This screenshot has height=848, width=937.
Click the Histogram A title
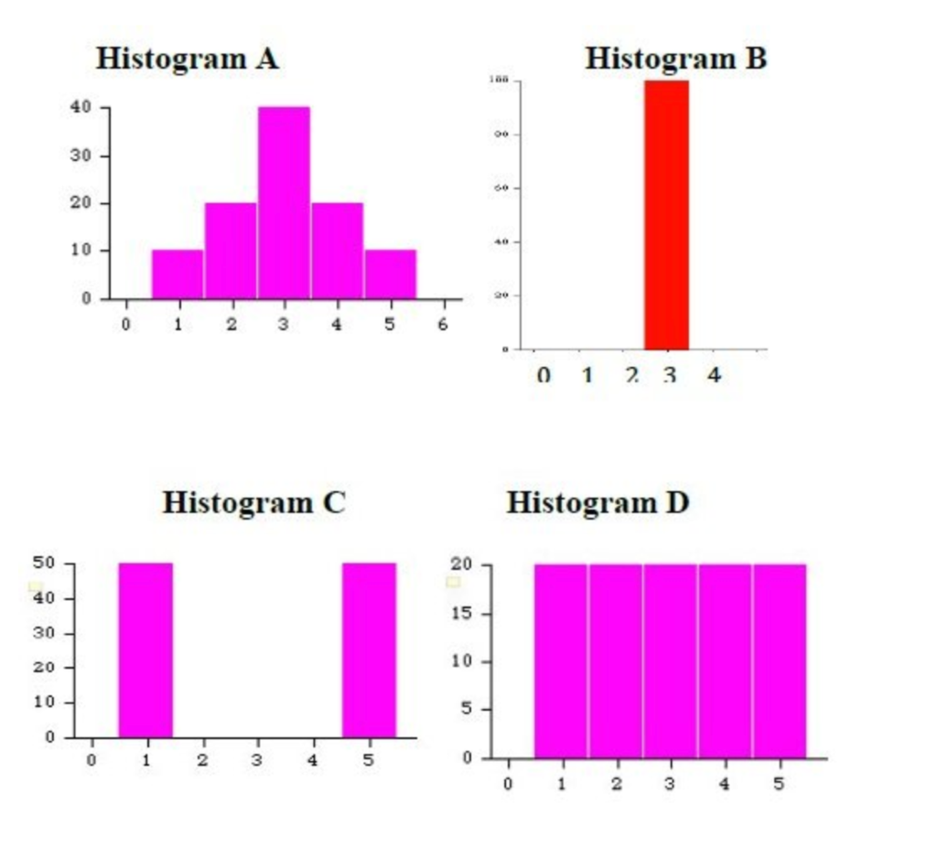187,59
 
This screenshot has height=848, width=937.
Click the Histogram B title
675,59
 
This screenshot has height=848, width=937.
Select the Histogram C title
253,502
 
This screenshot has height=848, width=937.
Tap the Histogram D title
598,502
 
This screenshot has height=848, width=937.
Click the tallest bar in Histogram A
284,202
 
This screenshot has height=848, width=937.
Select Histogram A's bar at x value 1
178,274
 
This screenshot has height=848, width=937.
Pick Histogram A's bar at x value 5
391,274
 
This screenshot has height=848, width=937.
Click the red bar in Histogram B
666,215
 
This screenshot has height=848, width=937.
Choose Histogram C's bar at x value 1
145,649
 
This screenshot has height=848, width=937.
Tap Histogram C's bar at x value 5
369,649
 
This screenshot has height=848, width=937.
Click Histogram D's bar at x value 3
670,660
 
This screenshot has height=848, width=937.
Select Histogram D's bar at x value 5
779,660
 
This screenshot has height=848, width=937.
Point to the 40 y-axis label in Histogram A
81,107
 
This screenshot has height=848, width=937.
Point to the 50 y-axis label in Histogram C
45,564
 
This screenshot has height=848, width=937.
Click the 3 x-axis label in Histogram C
258,760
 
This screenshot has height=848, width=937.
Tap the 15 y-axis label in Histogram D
464,613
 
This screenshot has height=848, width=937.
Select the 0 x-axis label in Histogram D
508,784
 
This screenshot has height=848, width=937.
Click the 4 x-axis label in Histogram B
714,376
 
